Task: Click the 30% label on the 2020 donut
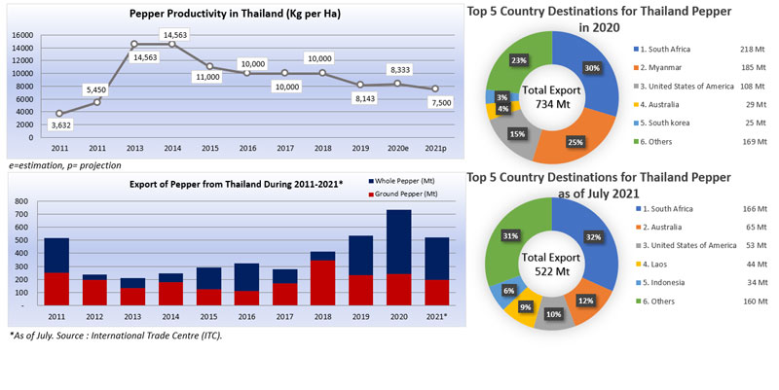pyautogui.click(x=593, y=68)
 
